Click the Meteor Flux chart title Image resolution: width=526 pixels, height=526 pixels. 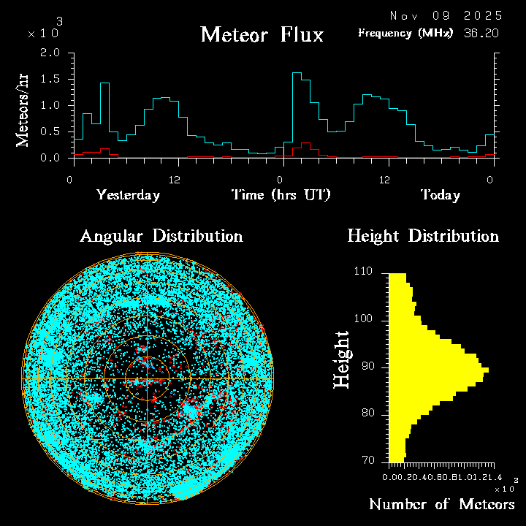click(262, 34)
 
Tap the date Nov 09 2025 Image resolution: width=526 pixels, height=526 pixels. click(446, 15)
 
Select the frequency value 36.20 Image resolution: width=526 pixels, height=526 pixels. click(482, 33)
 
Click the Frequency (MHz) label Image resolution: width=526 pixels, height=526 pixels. click(405, 33)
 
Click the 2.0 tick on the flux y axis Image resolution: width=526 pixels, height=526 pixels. click(50, 53)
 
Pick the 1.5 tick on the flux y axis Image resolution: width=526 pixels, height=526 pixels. click(50, 79)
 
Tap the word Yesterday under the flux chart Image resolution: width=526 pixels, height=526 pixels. click(128, 195)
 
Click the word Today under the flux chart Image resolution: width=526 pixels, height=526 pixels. click(440, 195)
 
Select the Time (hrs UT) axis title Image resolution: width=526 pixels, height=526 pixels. click(281, 195)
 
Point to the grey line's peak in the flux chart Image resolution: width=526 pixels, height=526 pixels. click(104, 83)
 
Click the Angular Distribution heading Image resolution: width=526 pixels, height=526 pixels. click(161, 236)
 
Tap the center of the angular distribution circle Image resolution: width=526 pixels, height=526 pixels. click(148, 380)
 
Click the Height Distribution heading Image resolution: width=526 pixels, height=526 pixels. click(423, 236)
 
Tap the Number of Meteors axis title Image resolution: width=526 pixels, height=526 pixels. click(441, 505)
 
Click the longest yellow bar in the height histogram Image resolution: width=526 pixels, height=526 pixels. click(438, 370)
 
